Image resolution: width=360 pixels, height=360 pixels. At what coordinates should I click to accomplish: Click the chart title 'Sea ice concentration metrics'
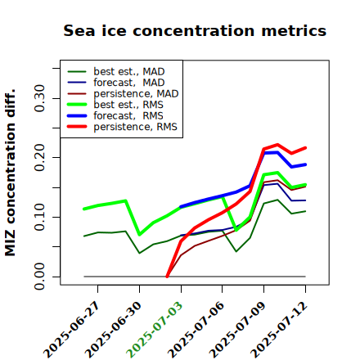coord(195,30)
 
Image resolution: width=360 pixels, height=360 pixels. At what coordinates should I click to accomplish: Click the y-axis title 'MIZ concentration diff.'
coord(10,173)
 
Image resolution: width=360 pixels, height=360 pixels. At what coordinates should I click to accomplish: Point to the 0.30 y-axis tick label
coord(40,98)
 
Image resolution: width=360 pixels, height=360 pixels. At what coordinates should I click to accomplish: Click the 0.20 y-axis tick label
coord(40,158)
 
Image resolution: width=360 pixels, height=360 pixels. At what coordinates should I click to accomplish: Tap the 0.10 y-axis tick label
coord(40,217)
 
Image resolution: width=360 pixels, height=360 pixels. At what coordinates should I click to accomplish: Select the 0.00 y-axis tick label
coord(40,277)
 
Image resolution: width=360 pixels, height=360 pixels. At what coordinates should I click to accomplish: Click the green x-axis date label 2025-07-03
coord(155,330)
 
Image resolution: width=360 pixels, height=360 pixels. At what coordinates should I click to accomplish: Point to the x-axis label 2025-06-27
coord(71,330)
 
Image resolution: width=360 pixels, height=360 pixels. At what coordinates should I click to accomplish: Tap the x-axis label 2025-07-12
coord(279,330)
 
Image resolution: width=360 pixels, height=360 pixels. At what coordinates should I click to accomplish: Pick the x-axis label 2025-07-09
coord(237,330)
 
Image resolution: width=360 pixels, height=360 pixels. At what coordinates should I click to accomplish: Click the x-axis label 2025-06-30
coord(113,330)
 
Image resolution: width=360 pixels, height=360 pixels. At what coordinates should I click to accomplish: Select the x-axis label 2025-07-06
coord(196,330)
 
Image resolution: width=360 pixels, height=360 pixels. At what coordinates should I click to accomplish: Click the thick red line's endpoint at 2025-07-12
coord(305,148)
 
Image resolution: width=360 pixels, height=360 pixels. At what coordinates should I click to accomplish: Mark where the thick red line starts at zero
coord(167,277)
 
